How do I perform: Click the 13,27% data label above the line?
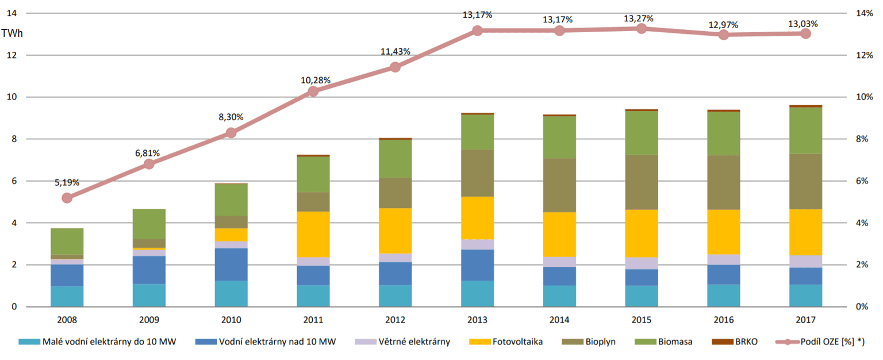(x=638, y=18)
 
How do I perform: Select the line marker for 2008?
(x=67, y=198)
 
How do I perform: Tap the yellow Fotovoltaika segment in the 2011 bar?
(x=313, y=234)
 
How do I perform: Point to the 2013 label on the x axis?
(x=477, y=319)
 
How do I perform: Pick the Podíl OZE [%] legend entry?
(x=822, y=342)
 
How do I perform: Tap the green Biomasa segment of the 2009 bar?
(x=149, y=224)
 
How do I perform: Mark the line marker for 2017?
(x=805, y=33)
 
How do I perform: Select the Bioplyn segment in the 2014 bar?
(x=559, y=185)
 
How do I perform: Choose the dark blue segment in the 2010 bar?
(x=231, y=265)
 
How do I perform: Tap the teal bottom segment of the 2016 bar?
(x=723, y=296)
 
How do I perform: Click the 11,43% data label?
(x=396, y=52)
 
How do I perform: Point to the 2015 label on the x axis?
(x=642, y=319)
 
